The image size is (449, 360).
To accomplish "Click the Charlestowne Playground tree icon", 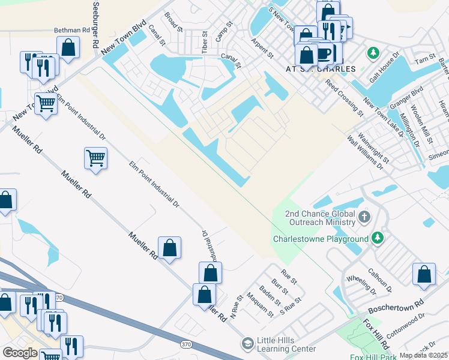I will pyautogui.click(x=377, y=238).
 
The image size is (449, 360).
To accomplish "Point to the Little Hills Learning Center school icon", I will pyautogui.click(x=247, y=344).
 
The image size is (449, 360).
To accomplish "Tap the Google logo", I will pyautogui.click(x=20, y=353).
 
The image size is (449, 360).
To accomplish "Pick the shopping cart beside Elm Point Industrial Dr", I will pyautogui.click(x=95, y=158).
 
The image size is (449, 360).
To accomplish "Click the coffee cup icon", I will pyautogui.click(x=324, y=53).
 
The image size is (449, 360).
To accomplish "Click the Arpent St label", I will pyautogui.click(x=262, y=49).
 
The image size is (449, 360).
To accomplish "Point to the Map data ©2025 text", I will pyautogui.click(x=423, y=355).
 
